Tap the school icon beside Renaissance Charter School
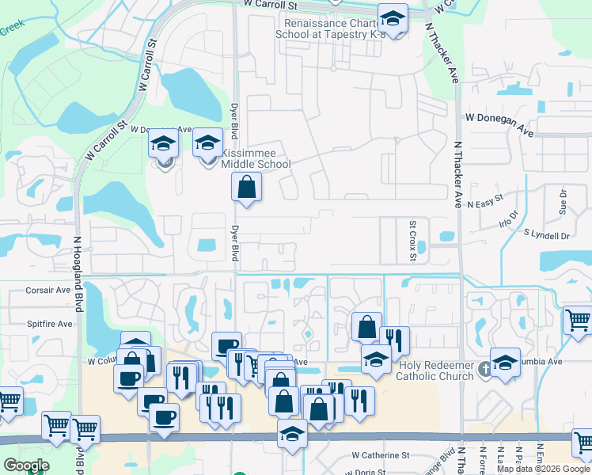pos(392,17)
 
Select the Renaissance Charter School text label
pos(324,28)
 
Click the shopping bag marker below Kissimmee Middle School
pos(247,188)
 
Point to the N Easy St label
pos(485,201)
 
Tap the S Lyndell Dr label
pos(547,235)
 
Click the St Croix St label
pos(412,234)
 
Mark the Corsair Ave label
pos(48,291)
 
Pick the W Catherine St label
pos(381,455)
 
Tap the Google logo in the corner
pos(26,465)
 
